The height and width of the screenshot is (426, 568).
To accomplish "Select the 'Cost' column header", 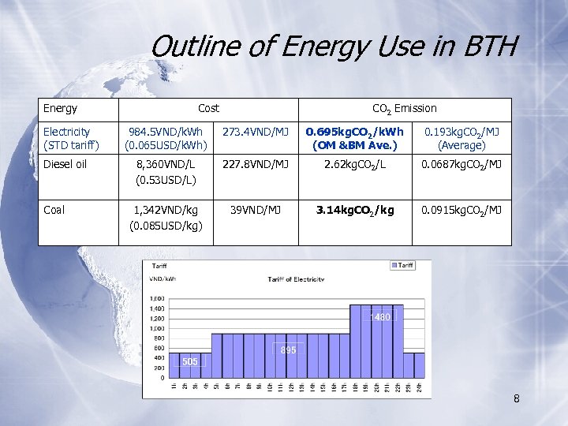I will coord(208,108).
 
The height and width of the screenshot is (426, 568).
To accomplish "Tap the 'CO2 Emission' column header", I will coord(404,108).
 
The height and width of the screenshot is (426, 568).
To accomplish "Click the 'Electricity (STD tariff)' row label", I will coord(67,138).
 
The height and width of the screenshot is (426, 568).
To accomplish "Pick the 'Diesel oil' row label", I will coord(65,164).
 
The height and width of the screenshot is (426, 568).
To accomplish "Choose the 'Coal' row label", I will coord(54,209).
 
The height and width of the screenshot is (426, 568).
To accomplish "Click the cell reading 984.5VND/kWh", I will coord(166,138).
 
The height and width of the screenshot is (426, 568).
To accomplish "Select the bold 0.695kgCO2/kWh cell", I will coord(355,138).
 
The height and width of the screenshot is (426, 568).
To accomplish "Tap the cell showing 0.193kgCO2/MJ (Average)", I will coord(461,138).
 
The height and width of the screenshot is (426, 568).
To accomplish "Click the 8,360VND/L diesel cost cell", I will coord(166,172).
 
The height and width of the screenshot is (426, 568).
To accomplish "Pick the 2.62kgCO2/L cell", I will coord(355,164).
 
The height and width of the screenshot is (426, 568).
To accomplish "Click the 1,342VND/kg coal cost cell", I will coord(166,218).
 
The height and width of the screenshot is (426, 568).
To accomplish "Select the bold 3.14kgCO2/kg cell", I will coord(355,209).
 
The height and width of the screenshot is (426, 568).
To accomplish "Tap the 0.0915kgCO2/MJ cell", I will coord(461,209).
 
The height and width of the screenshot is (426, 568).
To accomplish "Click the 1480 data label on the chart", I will coord(383,317).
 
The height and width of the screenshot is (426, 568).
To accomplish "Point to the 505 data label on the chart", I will coord(189,361).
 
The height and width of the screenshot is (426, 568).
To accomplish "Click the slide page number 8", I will coord(516,398).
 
